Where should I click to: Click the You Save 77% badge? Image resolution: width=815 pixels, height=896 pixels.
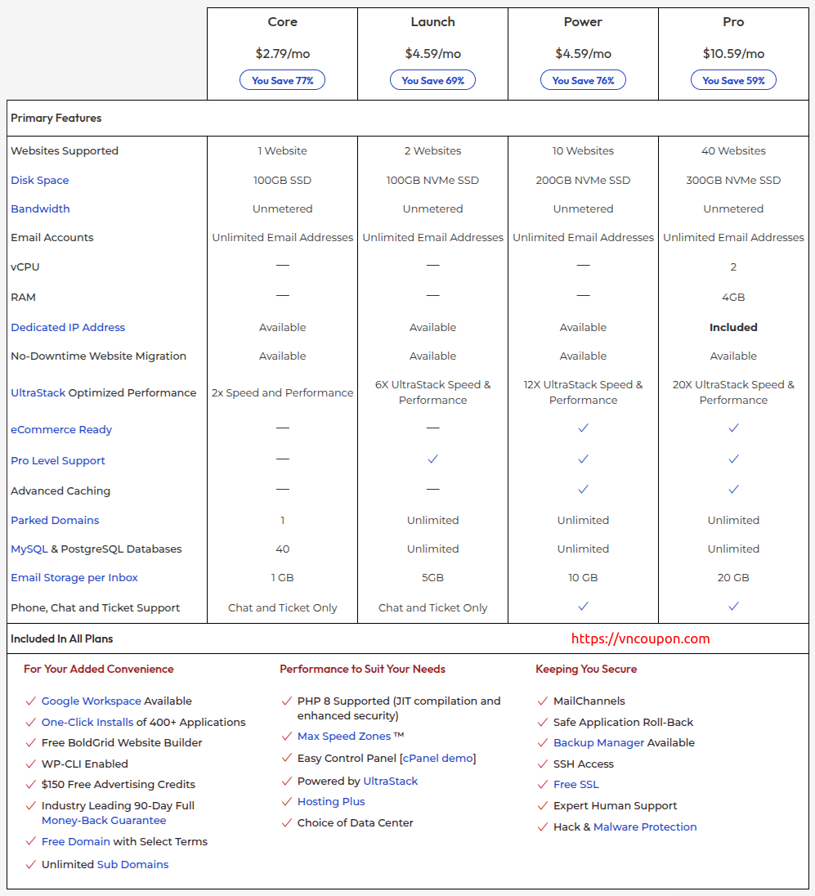point(282,80)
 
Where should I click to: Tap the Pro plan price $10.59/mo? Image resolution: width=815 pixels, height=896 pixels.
point(733,54)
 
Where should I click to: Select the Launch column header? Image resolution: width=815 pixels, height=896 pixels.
point(432,22)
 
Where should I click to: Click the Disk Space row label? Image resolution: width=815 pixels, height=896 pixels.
point(40,180)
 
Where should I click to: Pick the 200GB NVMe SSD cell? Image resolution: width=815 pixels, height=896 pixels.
point(583,180)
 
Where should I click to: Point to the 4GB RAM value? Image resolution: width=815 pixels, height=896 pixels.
point(733,297)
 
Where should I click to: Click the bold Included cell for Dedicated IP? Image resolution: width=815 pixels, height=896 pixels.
point(733,327)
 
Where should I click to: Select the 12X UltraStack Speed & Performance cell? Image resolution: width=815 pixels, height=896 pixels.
point(583,392)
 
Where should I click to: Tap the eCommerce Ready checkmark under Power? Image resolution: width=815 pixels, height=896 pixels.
point(583,428)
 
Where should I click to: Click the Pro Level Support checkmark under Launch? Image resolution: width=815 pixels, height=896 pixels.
point(432,459)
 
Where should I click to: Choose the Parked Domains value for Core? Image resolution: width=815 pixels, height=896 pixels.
point(282,520)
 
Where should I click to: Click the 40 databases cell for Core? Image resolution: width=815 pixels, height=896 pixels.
point(282,549)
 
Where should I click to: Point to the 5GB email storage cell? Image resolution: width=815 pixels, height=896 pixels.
point(432,577)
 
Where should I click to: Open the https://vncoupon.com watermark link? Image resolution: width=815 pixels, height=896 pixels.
point(640,639)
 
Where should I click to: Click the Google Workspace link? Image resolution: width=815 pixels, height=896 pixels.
point(92,701)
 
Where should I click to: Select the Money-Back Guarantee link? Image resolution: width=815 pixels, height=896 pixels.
point(104,820)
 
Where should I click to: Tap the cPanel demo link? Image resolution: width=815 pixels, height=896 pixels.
point(437,758)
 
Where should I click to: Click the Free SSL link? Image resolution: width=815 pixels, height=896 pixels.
point(576,784)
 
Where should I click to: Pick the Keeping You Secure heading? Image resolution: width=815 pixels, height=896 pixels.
point(586,669)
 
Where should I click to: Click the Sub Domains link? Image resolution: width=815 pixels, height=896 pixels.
point(132,864)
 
